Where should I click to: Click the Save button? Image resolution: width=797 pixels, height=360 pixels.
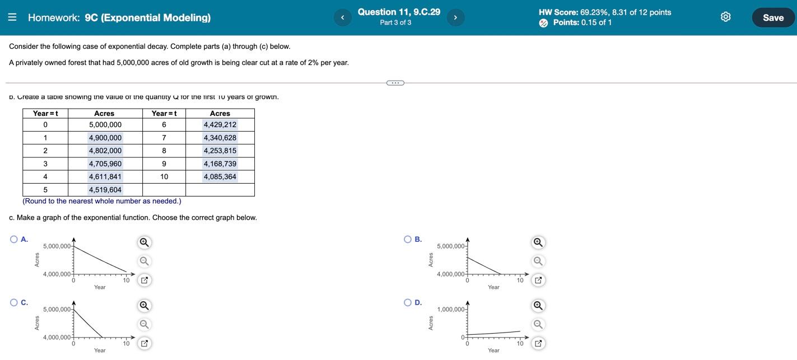pos(773,17)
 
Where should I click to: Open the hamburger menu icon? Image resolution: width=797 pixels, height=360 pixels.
pos(12,17)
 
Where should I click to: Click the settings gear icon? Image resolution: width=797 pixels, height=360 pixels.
pos(725,17)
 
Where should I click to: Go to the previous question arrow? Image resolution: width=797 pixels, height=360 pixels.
pos(342,17)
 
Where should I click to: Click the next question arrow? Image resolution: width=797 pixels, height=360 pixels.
pos(455,17)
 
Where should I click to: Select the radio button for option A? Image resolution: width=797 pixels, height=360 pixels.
pos(14,240)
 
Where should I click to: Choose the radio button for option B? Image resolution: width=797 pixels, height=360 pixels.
pos(408,240)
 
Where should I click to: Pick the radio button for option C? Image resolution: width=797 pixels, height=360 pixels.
pos(14,303)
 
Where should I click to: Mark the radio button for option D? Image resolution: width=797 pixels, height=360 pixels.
pos(408,303)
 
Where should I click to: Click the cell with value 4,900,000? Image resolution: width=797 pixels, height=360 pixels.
pos(105,138)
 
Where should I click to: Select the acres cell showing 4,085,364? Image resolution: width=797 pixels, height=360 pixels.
pos(220,177)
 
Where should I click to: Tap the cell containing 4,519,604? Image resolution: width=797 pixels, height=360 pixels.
pos(105,190)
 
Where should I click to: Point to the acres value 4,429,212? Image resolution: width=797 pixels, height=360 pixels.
pos(220,125)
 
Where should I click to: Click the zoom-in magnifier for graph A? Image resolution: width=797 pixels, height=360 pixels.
pos(144,242)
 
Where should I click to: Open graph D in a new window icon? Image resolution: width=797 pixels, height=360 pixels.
pos(538,343)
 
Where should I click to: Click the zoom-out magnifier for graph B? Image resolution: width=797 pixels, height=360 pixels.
pos(538,261)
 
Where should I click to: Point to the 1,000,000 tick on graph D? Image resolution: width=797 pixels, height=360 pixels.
pos(451,310)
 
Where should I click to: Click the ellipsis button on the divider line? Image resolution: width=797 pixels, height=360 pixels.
pos(395,83)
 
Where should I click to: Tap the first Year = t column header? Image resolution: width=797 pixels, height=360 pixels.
pos(45,114)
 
